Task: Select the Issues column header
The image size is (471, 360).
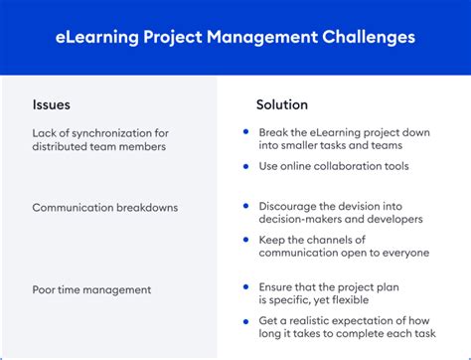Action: pyautogui.click(x=51, y=104)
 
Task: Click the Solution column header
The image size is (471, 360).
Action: pyautogui.click(x=282, y=104)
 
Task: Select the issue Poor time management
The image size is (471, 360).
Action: pyautogui.click(x=91, y=289)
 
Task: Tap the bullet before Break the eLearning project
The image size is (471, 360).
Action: pyautogui.click(x=245, y=133)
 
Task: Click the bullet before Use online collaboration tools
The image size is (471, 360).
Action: pyautogui.click(x=245, y=166)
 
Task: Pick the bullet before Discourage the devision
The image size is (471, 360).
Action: pyautogui.click(x=245, y=207)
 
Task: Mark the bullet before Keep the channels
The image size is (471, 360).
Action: pyautogui.click(x=245, y=240)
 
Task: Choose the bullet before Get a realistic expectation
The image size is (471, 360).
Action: pyautogui.click(x=245, y=320)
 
